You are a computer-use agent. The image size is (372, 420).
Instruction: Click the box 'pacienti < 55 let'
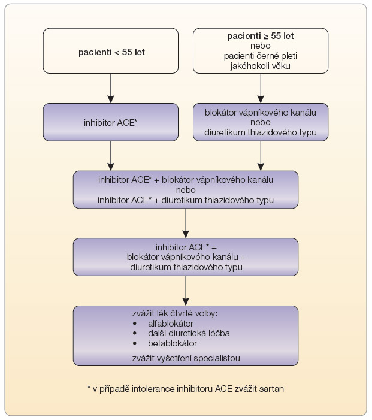[111, 51]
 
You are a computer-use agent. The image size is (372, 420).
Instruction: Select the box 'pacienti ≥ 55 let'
[261, 51]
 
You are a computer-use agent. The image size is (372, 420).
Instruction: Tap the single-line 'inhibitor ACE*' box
[111, 122]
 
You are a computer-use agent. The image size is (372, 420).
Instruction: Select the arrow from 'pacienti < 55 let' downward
[111, 89]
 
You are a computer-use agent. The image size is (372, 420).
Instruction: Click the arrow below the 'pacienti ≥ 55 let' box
[261, 89]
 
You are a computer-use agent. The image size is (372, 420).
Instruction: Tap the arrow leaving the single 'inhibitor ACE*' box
[111, 156]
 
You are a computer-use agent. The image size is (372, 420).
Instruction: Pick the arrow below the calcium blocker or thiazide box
[261, 156]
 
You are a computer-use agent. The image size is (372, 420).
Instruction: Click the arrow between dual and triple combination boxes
[186, 223]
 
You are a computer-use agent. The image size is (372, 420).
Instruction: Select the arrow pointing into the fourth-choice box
[186, 291]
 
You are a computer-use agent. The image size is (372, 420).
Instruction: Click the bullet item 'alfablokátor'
[171, 324]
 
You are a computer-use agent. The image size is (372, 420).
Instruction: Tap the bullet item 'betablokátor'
[173, 343]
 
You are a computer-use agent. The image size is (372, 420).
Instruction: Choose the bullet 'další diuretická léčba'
[189, 333]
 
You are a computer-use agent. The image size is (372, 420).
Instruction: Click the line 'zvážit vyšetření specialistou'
[186, 358]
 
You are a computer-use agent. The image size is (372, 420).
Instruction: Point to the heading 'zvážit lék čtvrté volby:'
[175, 313]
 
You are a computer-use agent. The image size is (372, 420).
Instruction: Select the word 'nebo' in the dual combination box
[186, 190]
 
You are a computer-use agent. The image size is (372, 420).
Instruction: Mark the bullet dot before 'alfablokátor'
[135, 324]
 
